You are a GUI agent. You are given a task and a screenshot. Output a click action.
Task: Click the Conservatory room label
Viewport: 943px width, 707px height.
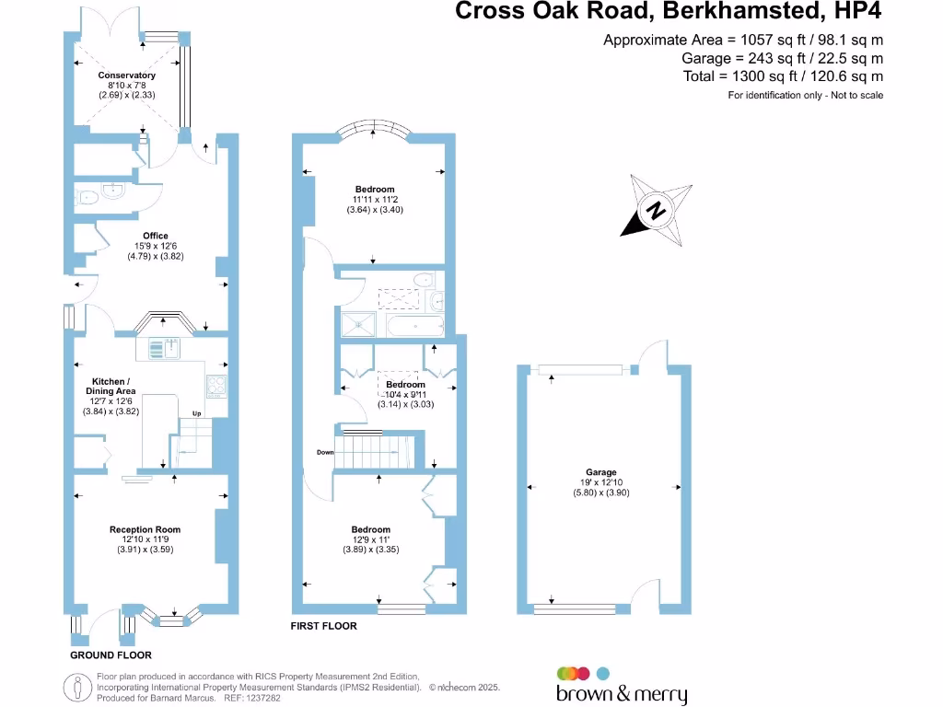(127, 75)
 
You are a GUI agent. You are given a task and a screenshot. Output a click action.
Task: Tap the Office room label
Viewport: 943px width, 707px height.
(156, 237)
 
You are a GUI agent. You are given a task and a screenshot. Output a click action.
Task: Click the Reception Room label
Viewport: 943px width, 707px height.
(145, 529)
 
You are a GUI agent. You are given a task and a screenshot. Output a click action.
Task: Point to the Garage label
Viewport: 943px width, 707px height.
(603, 472)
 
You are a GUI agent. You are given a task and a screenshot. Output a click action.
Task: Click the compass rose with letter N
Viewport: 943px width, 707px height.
(658, 211)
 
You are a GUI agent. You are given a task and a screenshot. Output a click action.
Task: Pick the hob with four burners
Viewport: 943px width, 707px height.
(218, 386)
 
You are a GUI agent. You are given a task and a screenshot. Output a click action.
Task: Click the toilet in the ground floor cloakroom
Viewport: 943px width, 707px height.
(88, 196)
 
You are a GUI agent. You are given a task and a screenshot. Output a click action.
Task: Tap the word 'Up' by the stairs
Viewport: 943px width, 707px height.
(195, 413)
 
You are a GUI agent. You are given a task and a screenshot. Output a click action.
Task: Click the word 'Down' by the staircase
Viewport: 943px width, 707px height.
(325, 453)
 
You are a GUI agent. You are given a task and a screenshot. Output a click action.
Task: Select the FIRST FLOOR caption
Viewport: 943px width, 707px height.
(323, 626)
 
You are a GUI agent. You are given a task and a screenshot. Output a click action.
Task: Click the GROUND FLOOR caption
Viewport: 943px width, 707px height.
(111, 655)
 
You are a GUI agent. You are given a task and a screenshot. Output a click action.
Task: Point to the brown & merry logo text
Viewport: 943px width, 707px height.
(622, 694)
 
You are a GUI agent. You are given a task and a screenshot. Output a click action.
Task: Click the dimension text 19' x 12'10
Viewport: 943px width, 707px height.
(603, 482)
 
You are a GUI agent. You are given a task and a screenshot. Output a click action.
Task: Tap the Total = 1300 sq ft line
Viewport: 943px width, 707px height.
(783, 76)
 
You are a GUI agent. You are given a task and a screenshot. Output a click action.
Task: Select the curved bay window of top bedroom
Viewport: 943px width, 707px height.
(372, 130)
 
